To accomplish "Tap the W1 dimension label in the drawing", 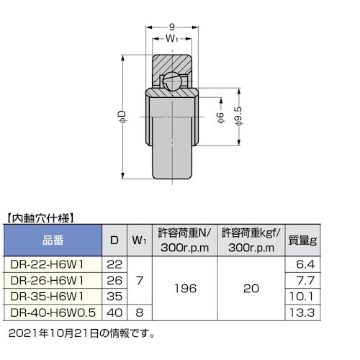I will (171, 40).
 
